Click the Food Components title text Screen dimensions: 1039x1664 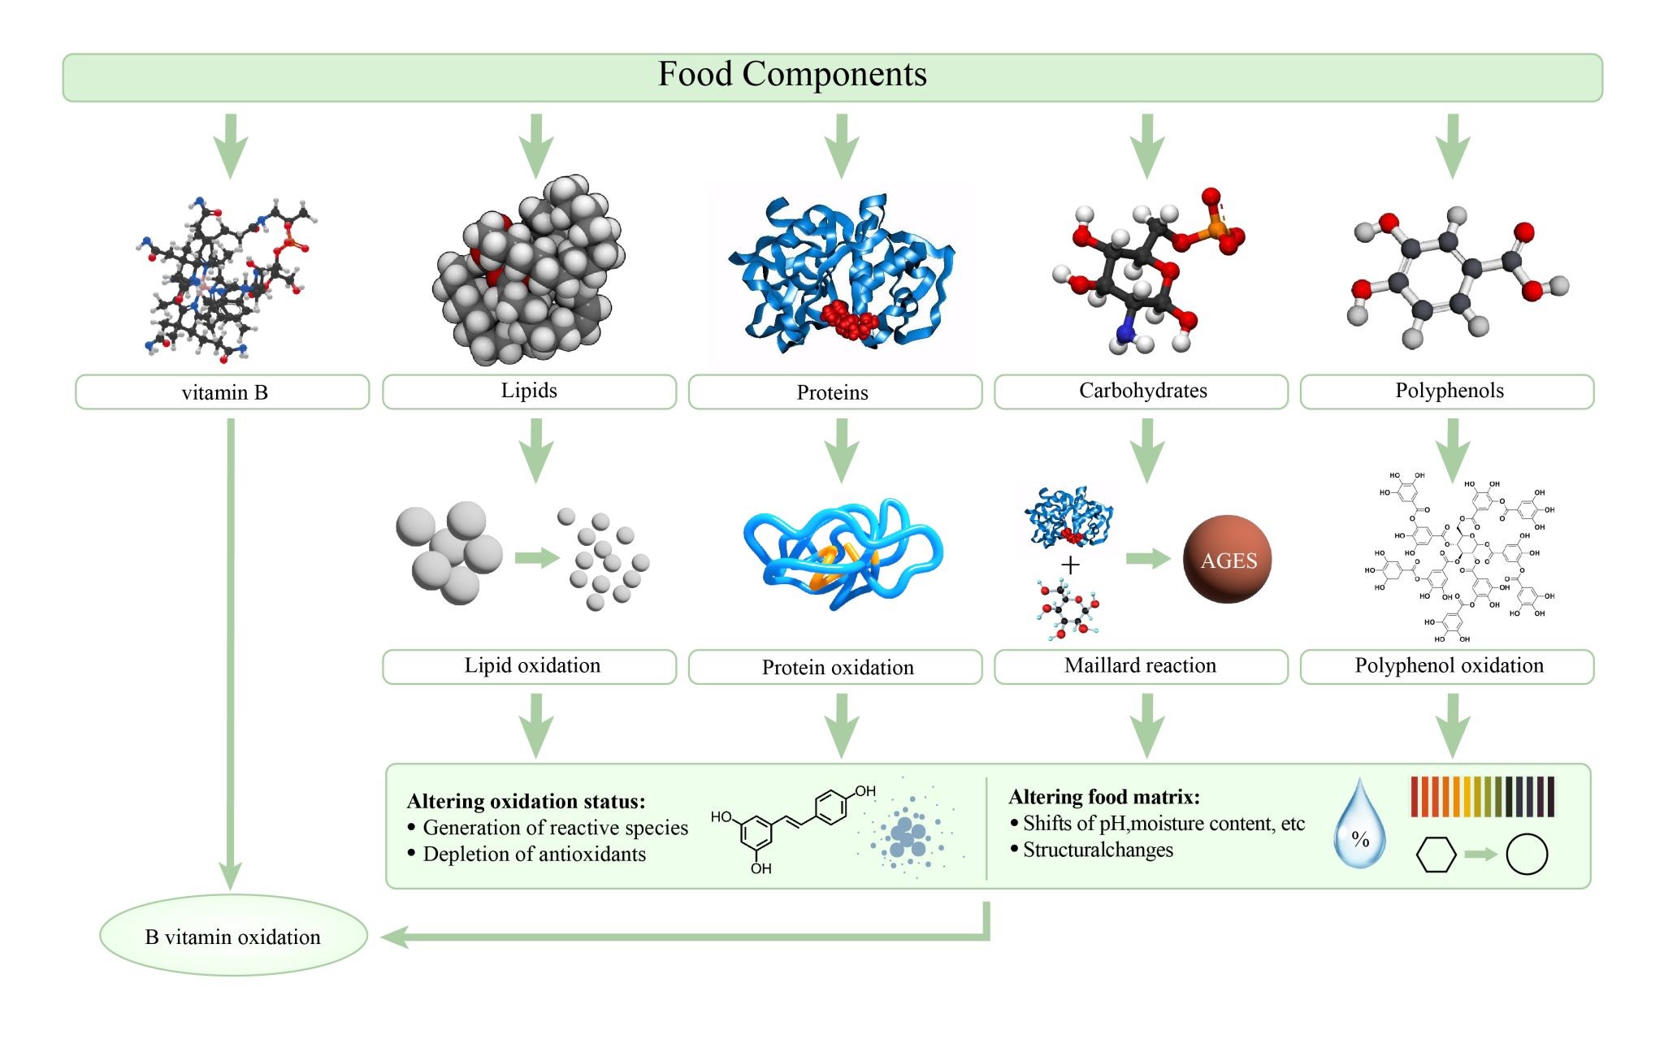(792, 75)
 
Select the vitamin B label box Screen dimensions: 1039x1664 (223, 392)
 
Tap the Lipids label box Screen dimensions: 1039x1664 (529, 392)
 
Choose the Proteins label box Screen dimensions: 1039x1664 (834, 392)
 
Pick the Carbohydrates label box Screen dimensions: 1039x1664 (1142, 392)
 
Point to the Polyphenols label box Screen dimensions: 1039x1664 (1448, 392)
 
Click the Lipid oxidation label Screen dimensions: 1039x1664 (531, 666)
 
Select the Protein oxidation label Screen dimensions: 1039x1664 (837, 667)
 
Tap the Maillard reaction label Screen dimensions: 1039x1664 (1140, 666)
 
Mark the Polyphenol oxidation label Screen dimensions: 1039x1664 (1448, 666)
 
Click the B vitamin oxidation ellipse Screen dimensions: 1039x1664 (233, 936)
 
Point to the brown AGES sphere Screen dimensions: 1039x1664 (1228, 559)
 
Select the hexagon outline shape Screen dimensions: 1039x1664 (1436, 855)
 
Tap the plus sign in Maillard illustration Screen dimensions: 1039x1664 (1071, 565)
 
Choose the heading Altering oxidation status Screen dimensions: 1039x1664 (526, 802)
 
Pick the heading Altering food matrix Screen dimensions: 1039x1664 (1103, 797)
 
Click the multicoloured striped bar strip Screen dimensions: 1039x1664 (1482, 796)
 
